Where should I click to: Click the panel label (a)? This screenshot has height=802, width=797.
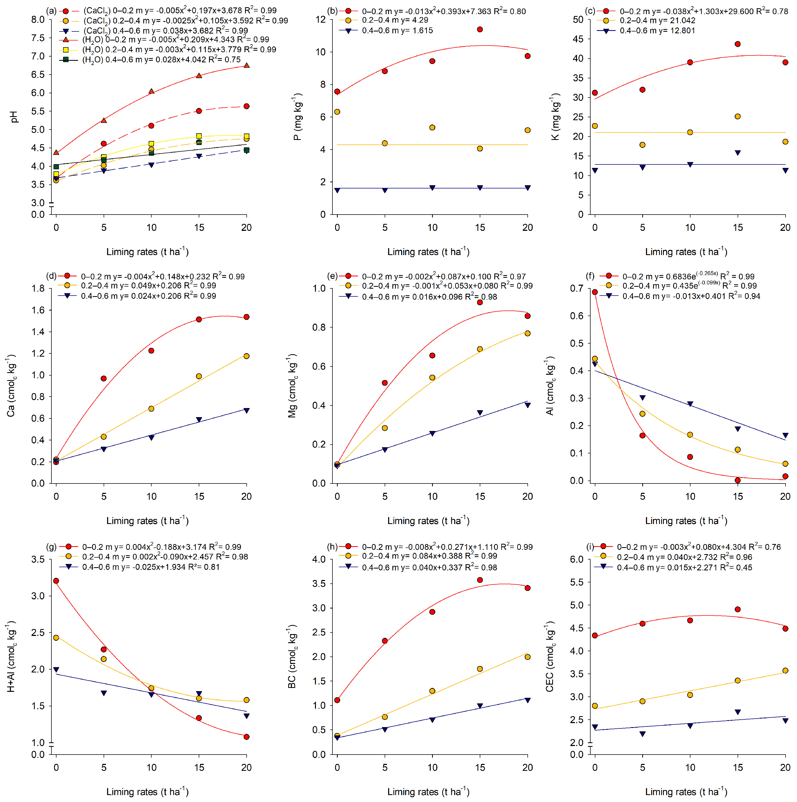[51, 11]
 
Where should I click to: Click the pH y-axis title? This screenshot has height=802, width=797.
[14, 117]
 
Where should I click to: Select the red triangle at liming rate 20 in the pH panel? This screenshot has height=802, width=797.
[246, 65]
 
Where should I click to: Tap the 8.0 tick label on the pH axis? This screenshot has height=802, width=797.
[38, 19]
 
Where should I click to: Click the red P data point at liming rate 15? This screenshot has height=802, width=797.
[480, 30]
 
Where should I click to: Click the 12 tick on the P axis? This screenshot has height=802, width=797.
[321, 19]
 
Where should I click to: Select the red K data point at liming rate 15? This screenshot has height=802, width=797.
[738, 44]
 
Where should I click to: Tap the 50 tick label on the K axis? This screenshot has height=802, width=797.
[578, 19]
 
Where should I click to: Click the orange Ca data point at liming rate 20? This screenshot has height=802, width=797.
[246, 356]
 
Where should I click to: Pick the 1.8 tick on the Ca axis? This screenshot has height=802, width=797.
[38, 288]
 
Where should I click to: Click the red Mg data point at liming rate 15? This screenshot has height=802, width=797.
[480, 302]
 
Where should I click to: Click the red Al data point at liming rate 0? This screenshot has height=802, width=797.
[595, 292]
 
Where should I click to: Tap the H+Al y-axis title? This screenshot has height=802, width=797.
[11, 656]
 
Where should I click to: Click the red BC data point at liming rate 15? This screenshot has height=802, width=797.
[480, 580]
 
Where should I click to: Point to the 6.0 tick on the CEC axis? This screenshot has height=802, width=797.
[577, 559]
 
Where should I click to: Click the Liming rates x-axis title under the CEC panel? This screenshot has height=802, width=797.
[686, 791]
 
